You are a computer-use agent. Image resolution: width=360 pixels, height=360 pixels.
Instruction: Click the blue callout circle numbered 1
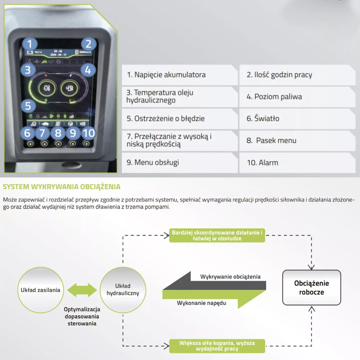[x=30, y=44]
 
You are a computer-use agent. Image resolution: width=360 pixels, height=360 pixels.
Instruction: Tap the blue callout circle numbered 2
[x=88, y=44]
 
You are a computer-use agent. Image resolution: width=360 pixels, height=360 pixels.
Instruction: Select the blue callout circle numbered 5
[x=28, y=106]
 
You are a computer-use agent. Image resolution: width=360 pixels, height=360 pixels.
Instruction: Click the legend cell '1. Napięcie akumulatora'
[x=179, y=75]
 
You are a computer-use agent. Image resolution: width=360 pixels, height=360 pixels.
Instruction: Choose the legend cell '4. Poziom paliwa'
[x=297, y=96]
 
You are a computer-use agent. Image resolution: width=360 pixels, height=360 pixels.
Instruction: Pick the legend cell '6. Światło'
[x=297, y=118]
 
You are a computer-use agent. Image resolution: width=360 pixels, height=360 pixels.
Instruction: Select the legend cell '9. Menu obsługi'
[x=179, y=162]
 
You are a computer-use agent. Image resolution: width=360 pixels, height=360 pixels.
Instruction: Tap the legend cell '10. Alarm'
[x=297, y=162]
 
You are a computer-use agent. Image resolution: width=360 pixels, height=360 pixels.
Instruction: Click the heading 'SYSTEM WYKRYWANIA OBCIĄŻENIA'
[x=62, y=187]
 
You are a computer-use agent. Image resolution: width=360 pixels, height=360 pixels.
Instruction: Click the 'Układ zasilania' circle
[x=40, y=290]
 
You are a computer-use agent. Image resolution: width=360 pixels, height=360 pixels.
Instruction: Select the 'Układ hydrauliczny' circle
[x=123, y=290]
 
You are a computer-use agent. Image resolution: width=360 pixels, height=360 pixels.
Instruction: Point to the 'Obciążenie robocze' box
[x=311, y=288]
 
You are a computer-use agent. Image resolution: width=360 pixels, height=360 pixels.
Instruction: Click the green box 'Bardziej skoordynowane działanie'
[x=217, y=235]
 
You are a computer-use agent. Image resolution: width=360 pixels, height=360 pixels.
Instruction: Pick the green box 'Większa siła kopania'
[x=217, y=346]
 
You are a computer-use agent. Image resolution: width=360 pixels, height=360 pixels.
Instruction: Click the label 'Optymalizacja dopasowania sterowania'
[x=82, y=316]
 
